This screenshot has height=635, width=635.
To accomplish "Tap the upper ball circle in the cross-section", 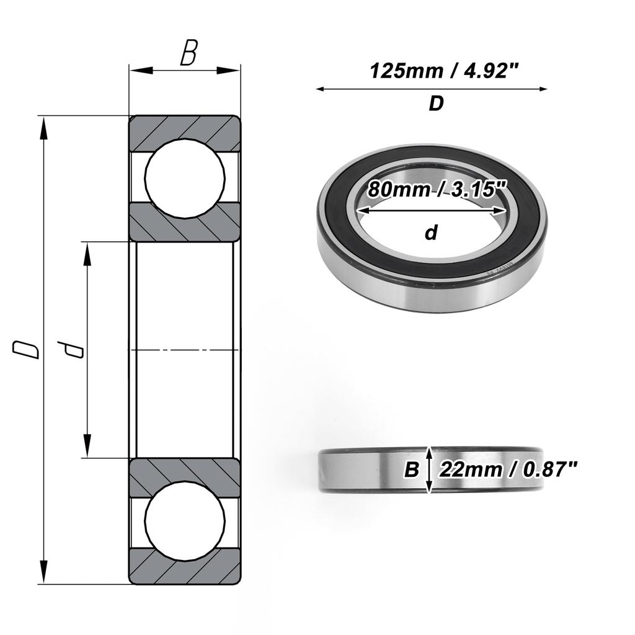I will pos(185,178).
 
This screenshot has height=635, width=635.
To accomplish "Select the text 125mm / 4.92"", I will pos(444,71).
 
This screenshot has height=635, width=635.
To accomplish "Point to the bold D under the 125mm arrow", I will pos(436,104).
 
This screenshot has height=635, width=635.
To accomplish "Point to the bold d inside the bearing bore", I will pos(431,233).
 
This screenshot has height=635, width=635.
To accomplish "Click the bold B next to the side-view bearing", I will pos(411,470).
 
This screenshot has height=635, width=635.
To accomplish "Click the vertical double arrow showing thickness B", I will pos(429,469).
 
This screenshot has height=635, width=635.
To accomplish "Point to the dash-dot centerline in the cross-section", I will pos(185,351).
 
